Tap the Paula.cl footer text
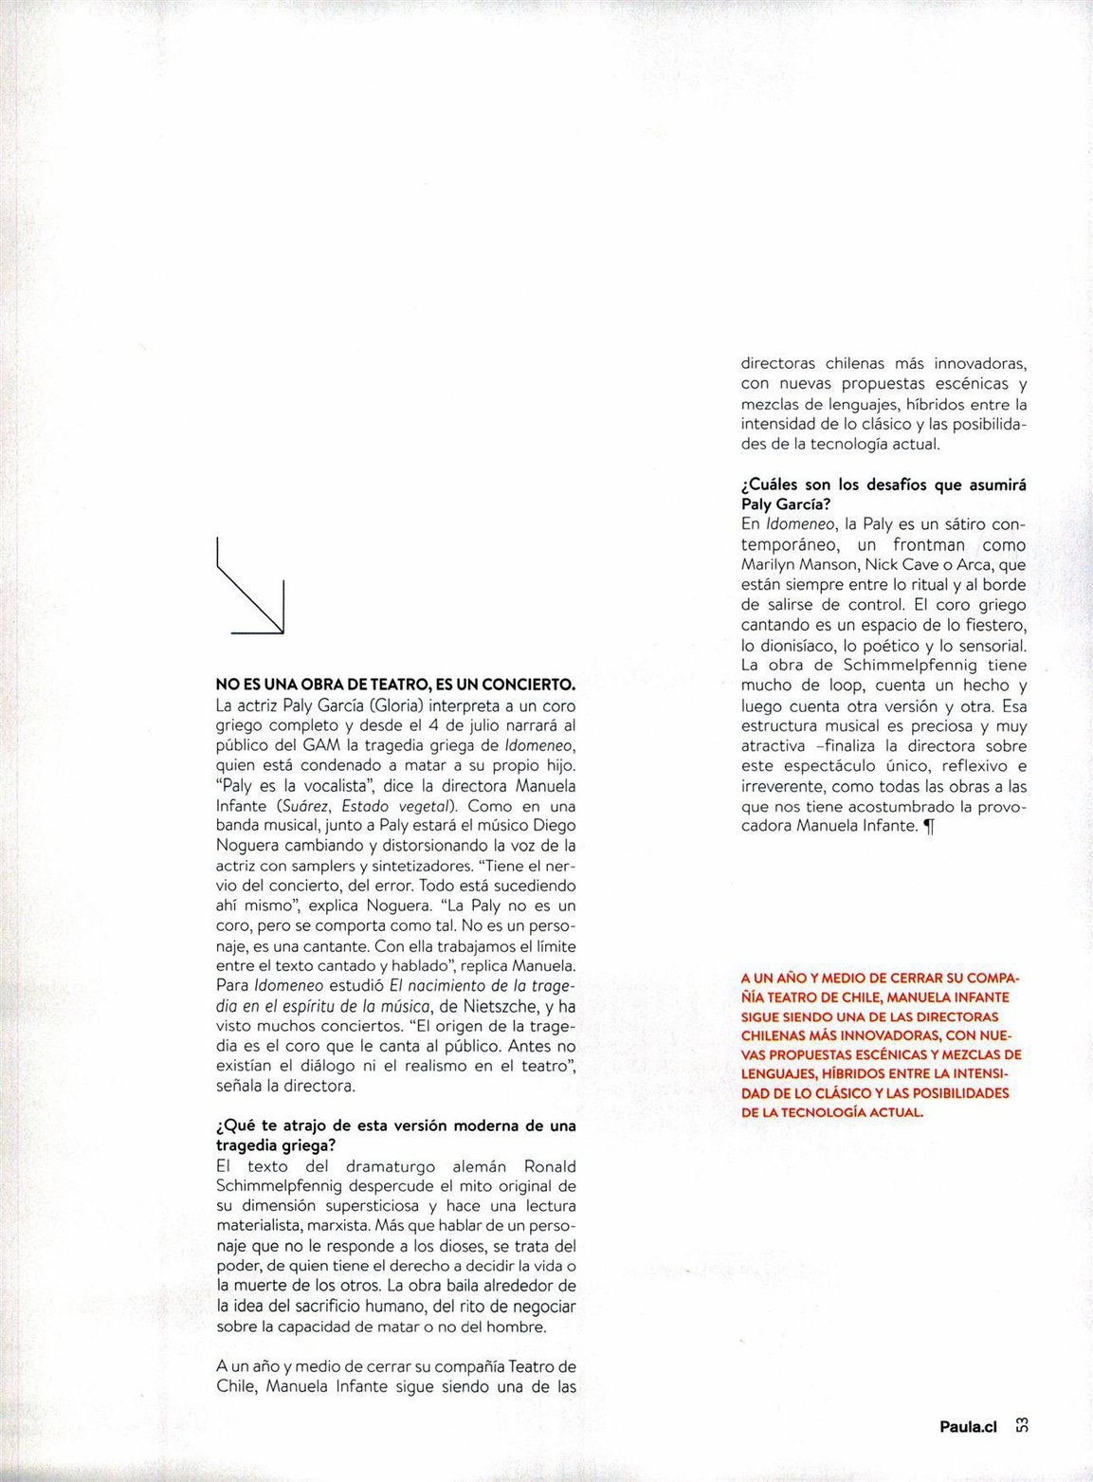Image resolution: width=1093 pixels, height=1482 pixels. coord(968,1425)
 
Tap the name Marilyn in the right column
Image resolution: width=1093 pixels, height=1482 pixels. coord(769,564)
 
